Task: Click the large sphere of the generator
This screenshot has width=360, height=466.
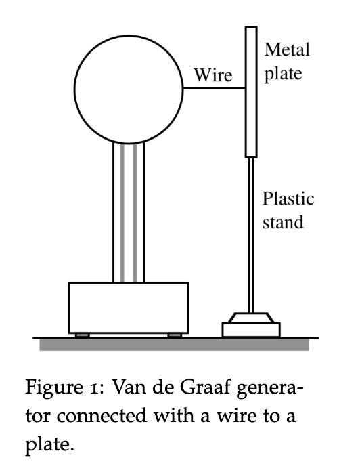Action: click(x=129, y=88)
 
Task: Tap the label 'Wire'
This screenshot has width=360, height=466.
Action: click(x=213, y=75)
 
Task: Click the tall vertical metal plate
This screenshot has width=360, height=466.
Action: click(x=251, y=91)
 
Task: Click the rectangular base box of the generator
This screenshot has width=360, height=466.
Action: click(x=129, y=307)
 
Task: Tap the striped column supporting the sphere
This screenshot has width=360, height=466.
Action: click(x=129, y=217)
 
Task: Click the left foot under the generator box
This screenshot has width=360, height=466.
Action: click(x=82, y=335)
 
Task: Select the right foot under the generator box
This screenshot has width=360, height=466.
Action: click(x=175, y=335)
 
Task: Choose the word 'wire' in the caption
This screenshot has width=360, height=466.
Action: click(x=218, y=414)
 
